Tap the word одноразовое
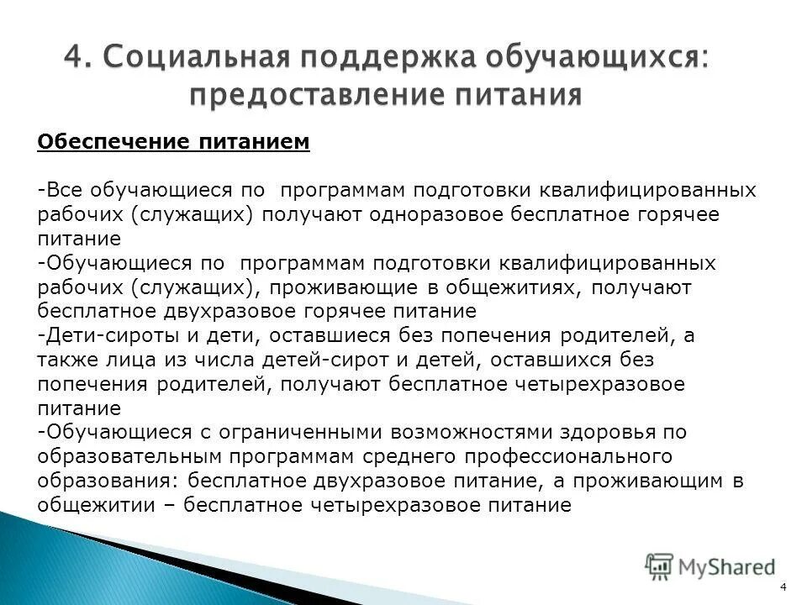[x=436, y=213]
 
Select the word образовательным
[x=119, y=456]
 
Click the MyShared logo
[x=710, y=566]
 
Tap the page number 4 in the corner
[x=783, y=587]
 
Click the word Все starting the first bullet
[x=60, y=190]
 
